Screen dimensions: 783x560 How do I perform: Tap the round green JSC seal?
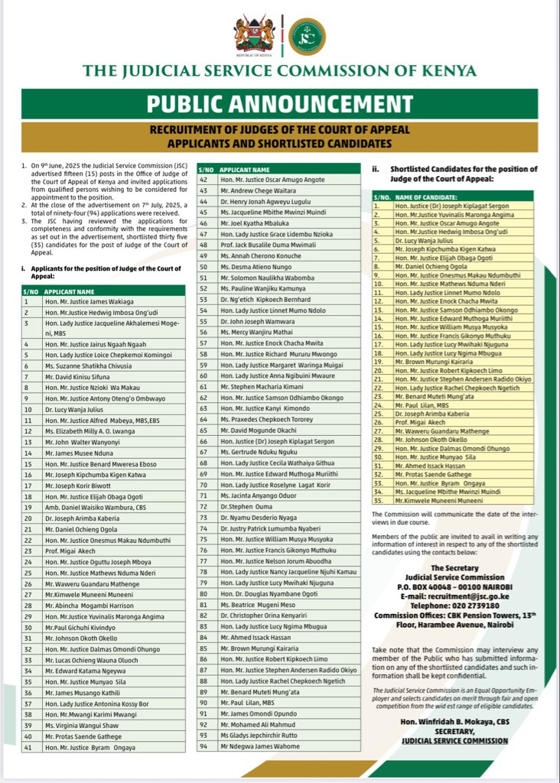click(307, 35)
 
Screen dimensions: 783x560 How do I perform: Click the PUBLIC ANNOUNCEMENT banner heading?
click(279, 104)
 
